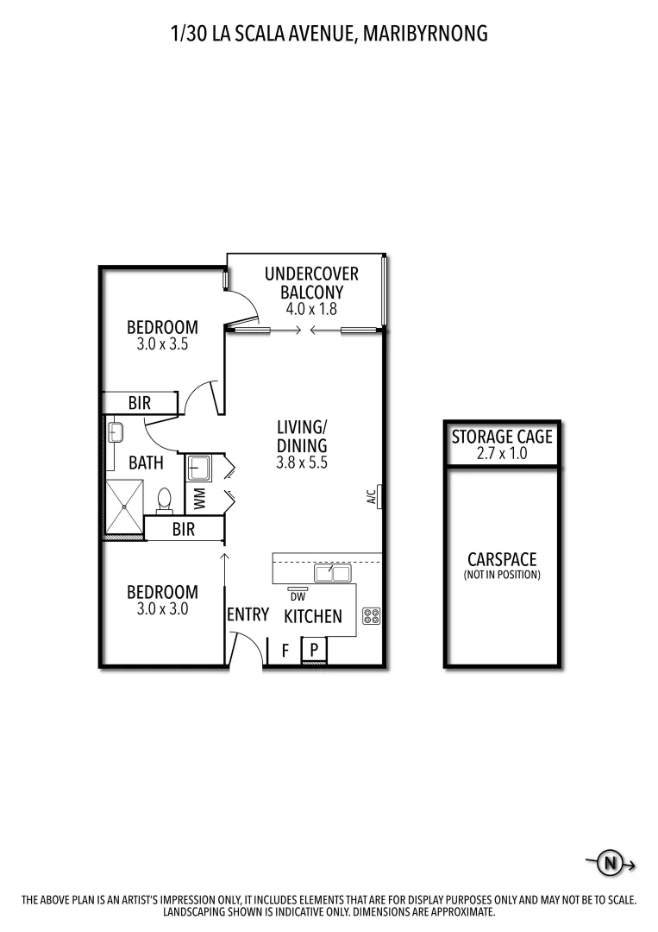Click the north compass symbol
click(x=611, y=862)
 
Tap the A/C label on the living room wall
click(x=371, y=496)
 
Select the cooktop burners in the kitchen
click(x=372, y=616)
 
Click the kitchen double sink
click(x=332, y=573)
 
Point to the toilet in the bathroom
click(x=165, y=501)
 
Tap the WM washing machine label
click(x=199, y=498)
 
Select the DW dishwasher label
click(x=298, y=596)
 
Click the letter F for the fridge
click(x=285, y=651)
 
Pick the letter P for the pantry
click(x=315, y=650)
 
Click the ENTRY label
click(x=248, y=614)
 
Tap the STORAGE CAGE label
click(x=502, y=438)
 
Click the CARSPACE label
click(x=502, y=560)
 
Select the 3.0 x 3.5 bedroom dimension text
click(x=162, y=343)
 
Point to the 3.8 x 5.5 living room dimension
click(x=302, y=462)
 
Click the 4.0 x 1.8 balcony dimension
click(x=311, y=308)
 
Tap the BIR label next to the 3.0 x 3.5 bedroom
click(x=140, y=403)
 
